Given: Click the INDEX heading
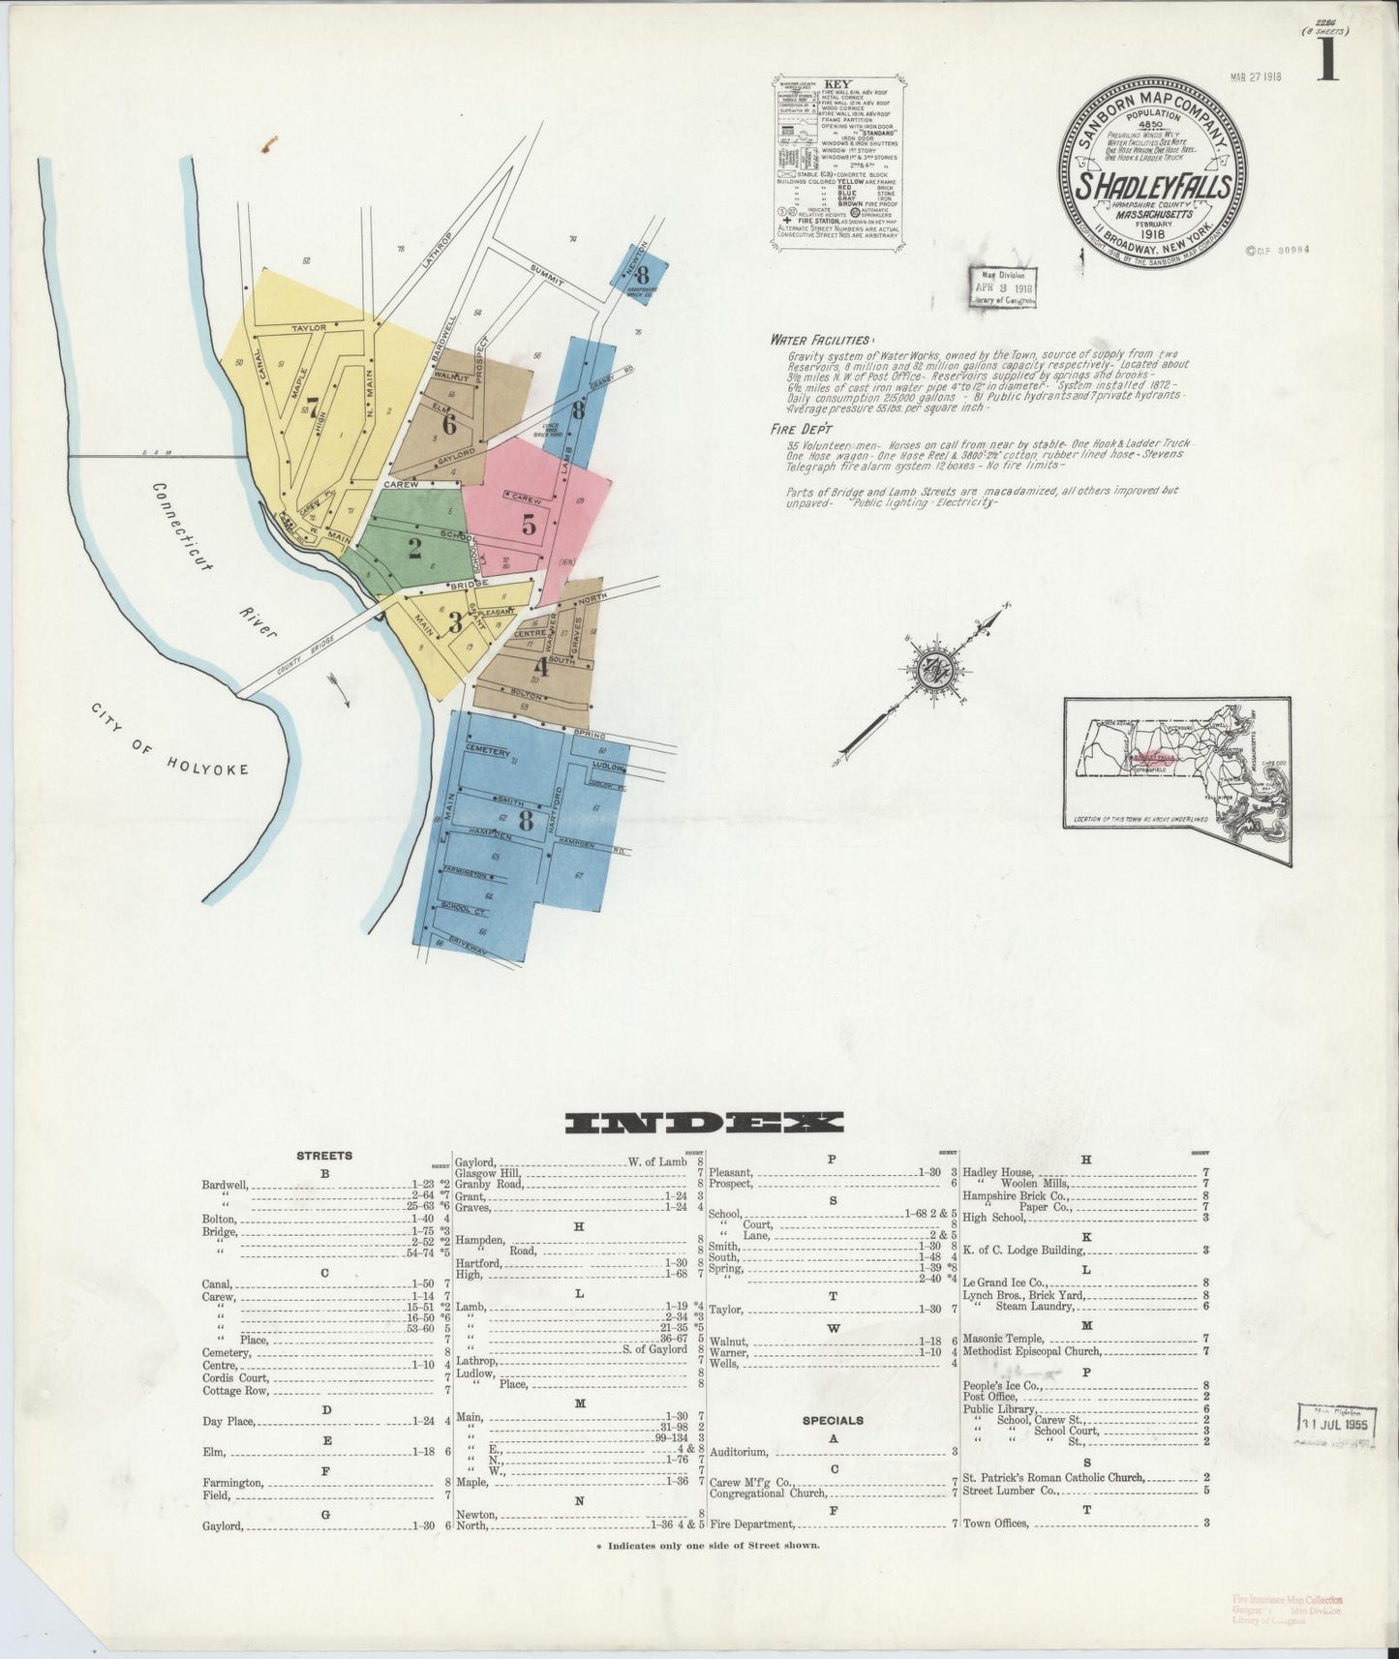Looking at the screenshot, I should click(704, 1123).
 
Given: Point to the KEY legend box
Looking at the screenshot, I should click(838, 161).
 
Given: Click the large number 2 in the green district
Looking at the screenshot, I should click(414, 549).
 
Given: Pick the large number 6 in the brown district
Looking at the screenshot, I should click(448, 424).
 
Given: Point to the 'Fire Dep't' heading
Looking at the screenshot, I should click(804, 428).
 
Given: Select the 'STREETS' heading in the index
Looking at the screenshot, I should click(324, 1155).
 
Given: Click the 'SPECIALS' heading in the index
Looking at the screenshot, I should click(833, 1420).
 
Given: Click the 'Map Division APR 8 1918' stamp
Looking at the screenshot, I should click(1004, 288).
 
